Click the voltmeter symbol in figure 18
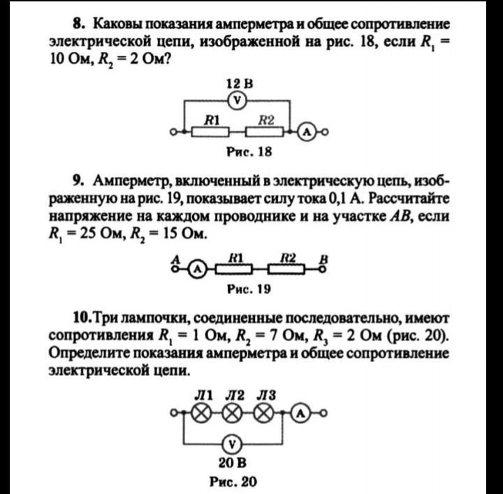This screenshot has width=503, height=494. [238, 101]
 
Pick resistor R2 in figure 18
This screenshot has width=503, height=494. [267, 131]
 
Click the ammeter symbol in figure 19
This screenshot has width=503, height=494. [198, 268]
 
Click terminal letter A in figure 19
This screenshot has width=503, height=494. [175, 257]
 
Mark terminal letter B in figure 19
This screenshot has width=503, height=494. [323, 257]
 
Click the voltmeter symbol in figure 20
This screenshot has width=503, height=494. [233, 443]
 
